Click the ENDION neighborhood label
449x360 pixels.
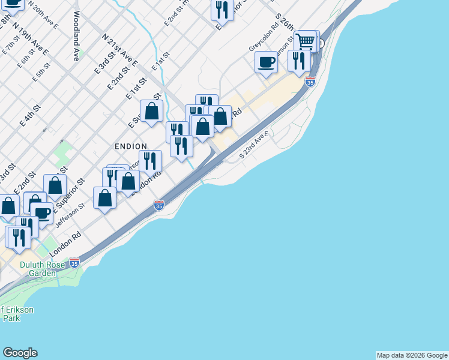pos(131,146)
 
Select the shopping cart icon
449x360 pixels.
pos(306,41)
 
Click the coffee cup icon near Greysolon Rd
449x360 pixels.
pos(266,62)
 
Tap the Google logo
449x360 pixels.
pos(20,353)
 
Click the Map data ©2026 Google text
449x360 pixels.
pos(412,355)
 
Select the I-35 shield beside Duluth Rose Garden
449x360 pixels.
pos(74,262)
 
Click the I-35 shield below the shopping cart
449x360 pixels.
pos(310,81)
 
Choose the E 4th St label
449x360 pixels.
pos(29,115)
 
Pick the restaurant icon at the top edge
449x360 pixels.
pos(222,9)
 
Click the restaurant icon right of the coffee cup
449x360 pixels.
pos(298,61)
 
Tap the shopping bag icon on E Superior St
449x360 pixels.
pos(152,111)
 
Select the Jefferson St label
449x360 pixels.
pos(70,215)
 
